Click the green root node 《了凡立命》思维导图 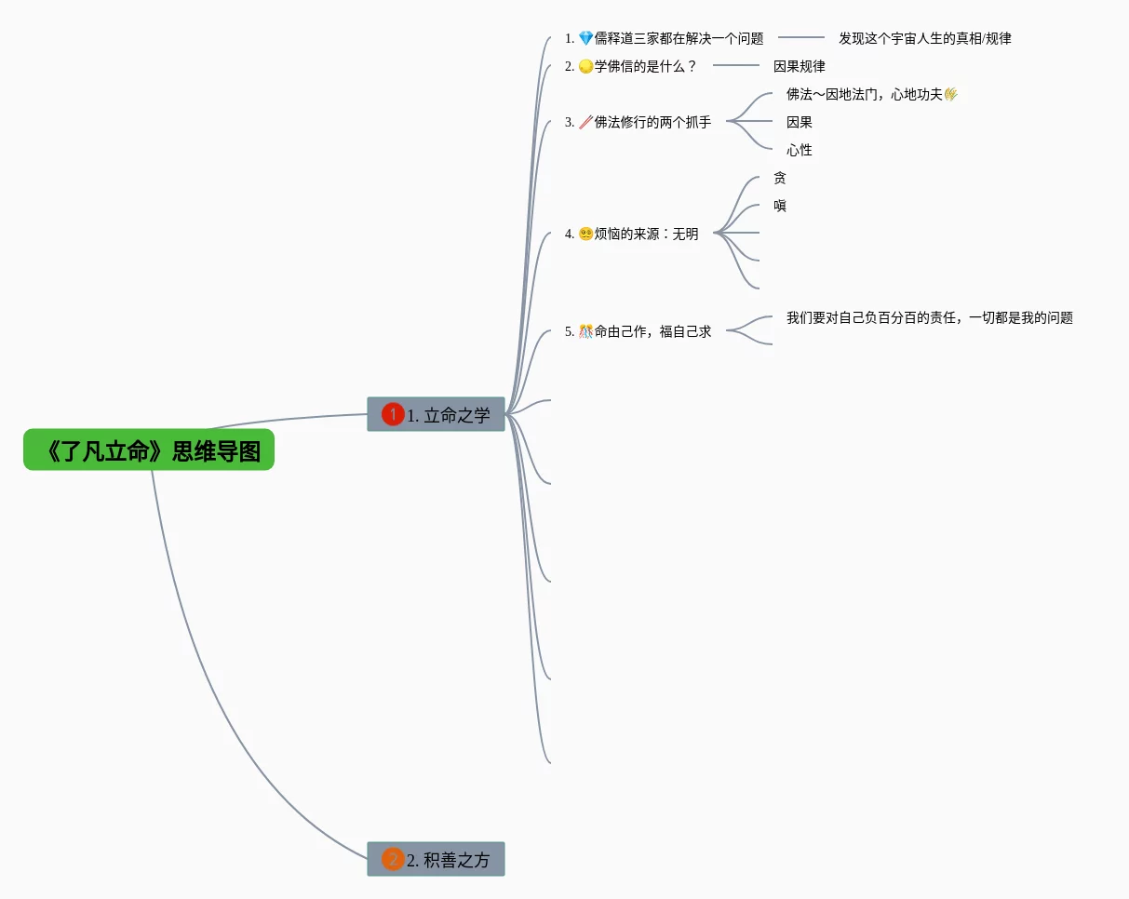coord(149,449)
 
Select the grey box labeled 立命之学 coord(436,414)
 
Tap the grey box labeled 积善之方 coord(436,859)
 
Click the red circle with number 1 coord(393,414)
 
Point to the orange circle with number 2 coord(393,859)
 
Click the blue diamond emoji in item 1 coord(585,38)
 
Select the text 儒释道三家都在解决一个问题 coord(679,38)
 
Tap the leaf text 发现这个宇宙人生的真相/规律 coord(925,38)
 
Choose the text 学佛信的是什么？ coord(646,66)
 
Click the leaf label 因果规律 coord(799,66)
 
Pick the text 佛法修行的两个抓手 coord(652,122)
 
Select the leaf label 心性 coord(799,150)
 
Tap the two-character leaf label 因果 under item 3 coord(799,122)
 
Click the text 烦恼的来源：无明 coord(646,234)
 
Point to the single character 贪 coord(780,178)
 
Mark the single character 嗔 coord(780,206)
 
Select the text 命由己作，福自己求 coord(652,331)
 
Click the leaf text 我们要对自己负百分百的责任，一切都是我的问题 coord(930,317)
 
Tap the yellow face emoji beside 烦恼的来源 coord(585,234)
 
